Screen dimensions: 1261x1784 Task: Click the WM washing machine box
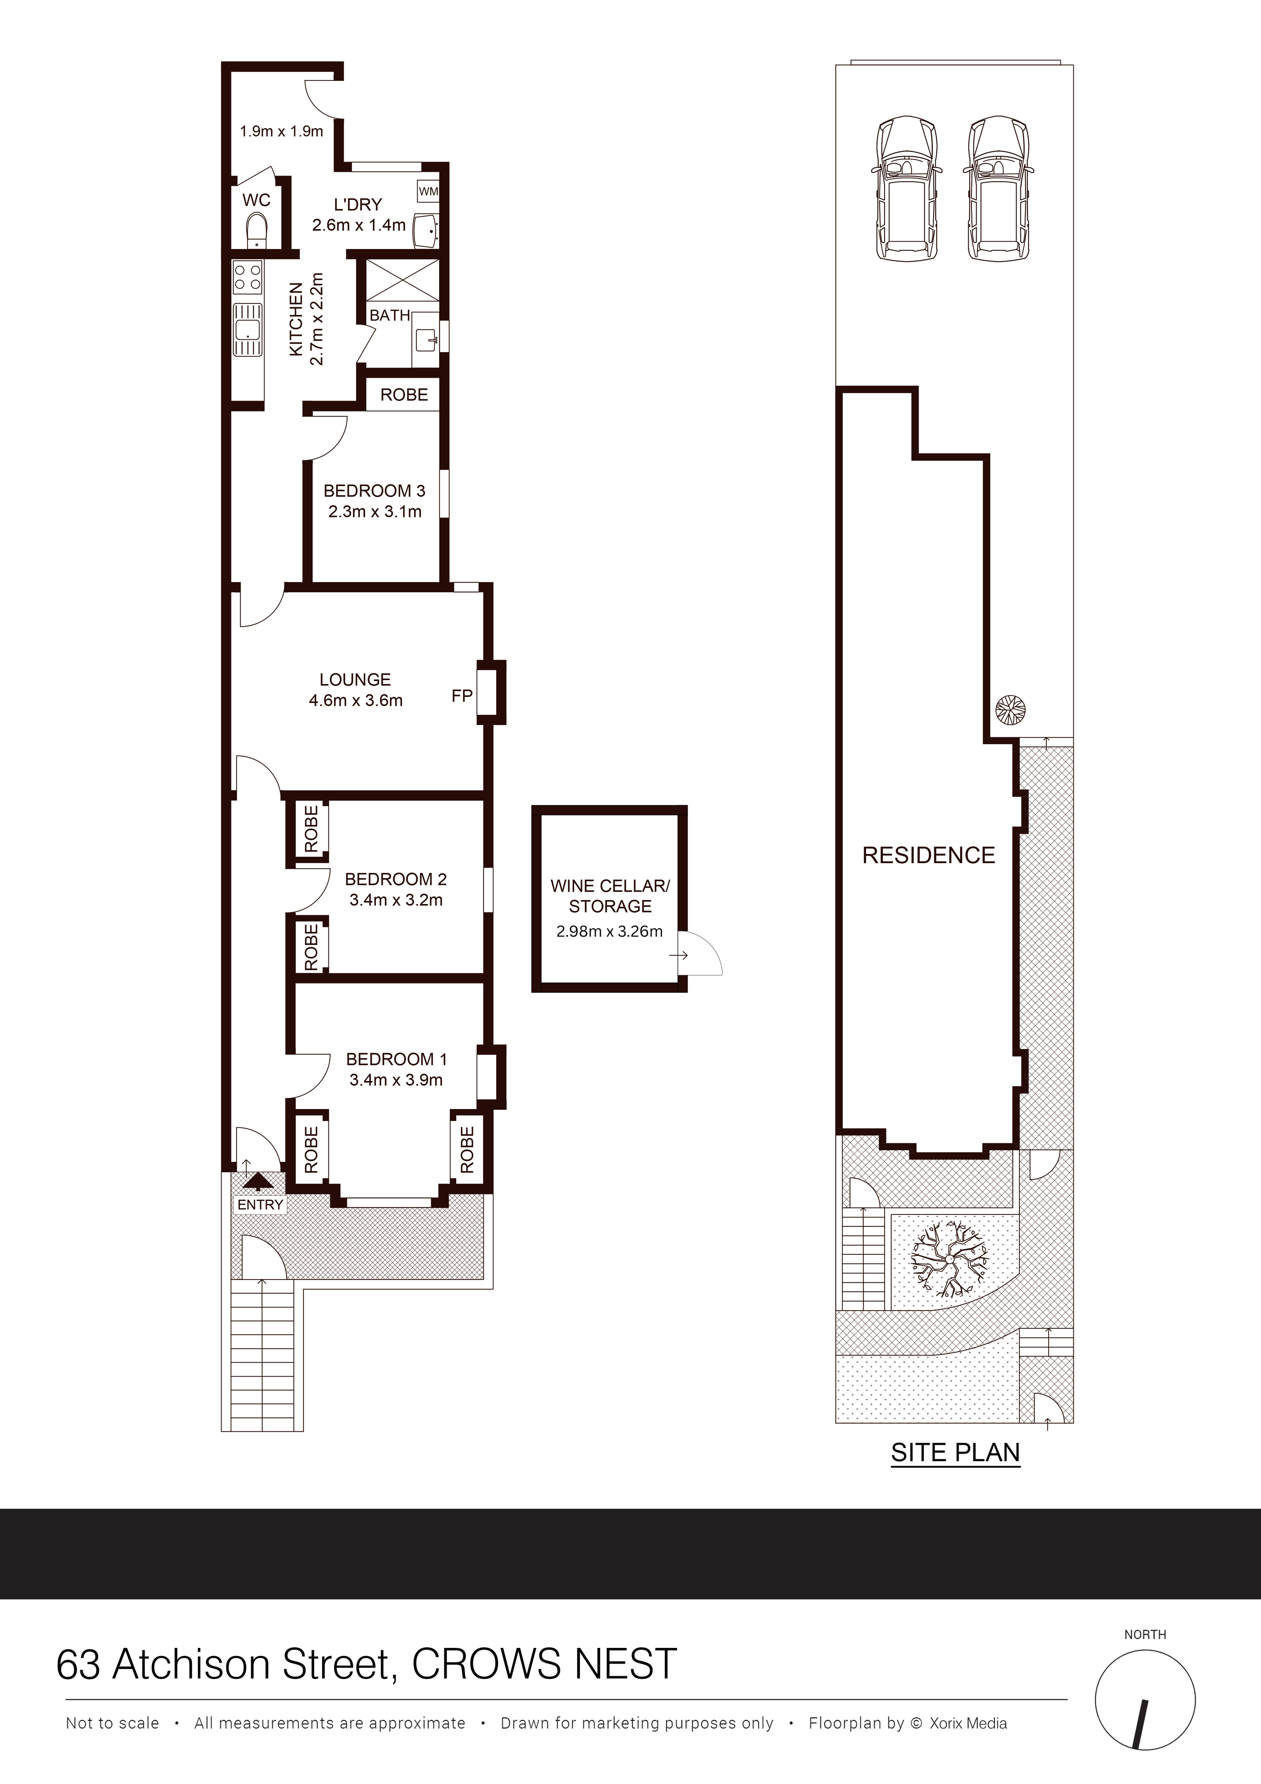(428, 191)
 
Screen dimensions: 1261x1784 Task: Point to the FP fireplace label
(461, 695)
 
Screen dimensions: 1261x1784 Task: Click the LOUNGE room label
(355, 680)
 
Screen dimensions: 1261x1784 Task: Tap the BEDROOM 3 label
(374, 491)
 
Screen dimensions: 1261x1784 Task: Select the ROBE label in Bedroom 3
(404, 395)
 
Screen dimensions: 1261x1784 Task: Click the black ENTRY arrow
(258, 1183)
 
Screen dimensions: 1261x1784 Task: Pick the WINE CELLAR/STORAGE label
(610, 896)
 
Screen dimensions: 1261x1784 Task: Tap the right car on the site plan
(1000, 188)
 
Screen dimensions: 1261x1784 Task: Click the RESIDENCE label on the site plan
(928, 855)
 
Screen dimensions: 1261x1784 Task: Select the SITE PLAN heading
(955, 1452)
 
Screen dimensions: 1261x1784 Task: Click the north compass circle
(1144, 1701)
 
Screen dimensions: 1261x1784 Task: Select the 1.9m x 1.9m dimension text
(281, 131)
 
